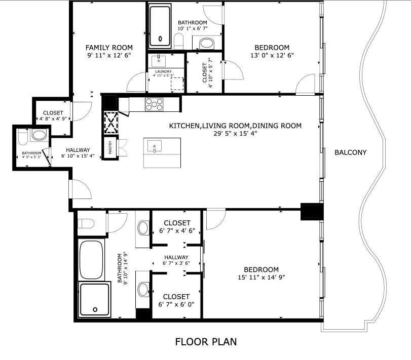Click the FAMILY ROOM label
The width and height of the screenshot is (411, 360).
(x=109, y=48)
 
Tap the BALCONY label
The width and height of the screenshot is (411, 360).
(x=351, y=152)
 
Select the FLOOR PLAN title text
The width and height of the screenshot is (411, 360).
(x=206, y=342)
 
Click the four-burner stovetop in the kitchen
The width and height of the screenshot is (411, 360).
(x=154, y=104)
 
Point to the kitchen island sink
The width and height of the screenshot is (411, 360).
(x=155, y=146)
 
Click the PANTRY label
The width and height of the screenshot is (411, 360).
(x=110, y=147)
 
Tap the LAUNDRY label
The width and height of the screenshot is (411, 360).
(x=163, y=71)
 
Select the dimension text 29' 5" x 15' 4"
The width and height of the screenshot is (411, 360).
(x=235, y=134)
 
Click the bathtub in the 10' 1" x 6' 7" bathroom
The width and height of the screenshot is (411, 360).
(x=160, y=26)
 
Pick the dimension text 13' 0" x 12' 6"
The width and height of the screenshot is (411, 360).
(x=272, y=55)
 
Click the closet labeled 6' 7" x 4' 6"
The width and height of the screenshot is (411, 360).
(x=177, y=227)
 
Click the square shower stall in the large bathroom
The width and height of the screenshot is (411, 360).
(x=94, y=300)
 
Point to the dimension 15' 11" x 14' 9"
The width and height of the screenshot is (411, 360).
(x=261, y=277)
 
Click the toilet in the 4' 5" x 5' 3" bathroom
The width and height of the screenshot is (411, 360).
(x=23, y=137)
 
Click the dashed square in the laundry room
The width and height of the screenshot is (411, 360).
(x=177, y=84)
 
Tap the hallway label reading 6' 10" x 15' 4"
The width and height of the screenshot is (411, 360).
(x=78, y=156)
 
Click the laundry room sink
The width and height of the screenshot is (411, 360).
(x=158, y=61)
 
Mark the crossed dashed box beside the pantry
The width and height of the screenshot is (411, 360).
(x=111, y=123)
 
